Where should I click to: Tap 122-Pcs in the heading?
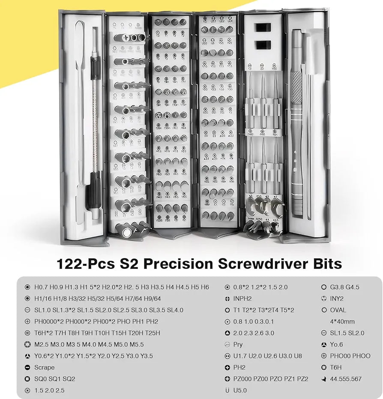tap(85, 263)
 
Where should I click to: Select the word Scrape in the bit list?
tap(45, 367)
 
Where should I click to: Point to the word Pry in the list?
tap(238, 344)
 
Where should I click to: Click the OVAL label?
tap(338, 310)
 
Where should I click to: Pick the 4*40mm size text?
tap(342, 321)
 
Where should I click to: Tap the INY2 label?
tap(337, 298)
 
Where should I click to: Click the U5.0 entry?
tap(240, 390)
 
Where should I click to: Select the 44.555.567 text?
tap(346, 379)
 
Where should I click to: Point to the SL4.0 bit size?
tap(175, 310)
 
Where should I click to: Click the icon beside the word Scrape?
tap(27, 367)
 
